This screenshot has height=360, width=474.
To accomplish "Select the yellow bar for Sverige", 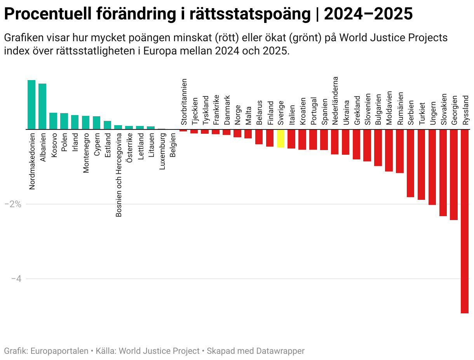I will tap(281, 138).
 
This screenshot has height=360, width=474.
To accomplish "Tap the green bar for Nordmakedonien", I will tap(31, 105).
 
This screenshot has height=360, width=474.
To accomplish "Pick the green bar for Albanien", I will tap(42, 106).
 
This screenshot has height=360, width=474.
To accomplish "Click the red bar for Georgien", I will tap(454, 175).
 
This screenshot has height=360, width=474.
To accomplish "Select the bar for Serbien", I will tap(410, 163).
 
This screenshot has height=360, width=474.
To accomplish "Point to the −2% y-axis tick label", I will tap(12, 204).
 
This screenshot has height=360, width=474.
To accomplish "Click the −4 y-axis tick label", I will tap(15, 279).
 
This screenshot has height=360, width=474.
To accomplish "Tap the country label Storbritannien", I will tap(184, 102).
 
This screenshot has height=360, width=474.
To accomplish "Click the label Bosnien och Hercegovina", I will tap(119, 175).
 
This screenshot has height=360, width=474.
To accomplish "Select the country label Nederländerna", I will tap(335, 100).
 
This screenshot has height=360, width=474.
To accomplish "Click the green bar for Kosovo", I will tap(53, 121).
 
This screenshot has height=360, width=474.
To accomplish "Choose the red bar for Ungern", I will tap(432, 167).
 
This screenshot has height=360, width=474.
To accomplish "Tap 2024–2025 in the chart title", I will tap(368, 15).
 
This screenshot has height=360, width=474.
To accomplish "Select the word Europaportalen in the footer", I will tap(59, 351).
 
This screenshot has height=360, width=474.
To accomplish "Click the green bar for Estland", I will tap(108, 125).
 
